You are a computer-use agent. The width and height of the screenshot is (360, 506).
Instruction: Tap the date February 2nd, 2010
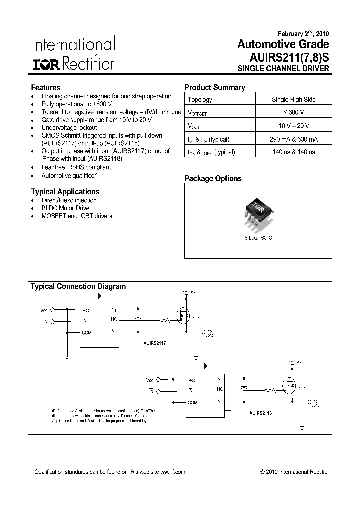(x=300, y=34)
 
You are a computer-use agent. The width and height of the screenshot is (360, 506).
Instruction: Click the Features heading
(x=46, y=87)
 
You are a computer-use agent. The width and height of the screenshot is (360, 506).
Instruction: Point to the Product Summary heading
(x=215, y=87)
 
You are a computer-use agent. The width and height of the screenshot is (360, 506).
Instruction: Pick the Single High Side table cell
(x=294, y=99)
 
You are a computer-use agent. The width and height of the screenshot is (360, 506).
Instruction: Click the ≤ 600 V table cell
(x=294, y=113)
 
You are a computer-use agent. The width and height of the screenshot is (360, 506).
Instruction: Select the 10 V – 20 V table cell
(x=294, y=126)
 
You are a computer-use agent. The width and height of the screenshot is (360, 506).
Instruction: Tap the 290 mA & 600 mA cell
(x=294, y=139)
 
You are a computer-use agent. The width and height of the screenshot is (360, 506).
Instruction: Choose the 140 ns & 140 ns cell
(x=294, y=152)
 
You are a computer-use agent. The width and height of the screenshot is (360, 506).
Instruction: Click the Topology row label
(x=200, y=99)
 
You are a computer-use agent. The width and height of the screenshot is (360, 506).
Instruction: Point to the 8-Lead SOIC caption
(x=258, y=238)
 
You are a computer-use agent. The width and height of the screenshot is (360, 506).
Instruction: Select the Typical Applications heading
(x=65, y=192)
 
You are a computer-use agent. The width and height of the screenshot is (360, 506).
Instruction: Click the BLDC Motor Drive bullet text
(x=65, y=208)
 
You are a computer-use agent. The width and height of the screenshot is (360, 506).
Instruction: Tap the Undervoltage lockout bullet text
(x=69, y=128)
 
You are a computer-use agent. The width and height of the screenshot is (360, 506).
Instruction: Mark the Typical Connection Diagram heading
(x=78, y=287)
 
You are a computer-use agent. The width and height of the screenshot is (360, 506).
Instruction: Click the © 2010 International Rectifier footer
(x=295, y=472)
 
